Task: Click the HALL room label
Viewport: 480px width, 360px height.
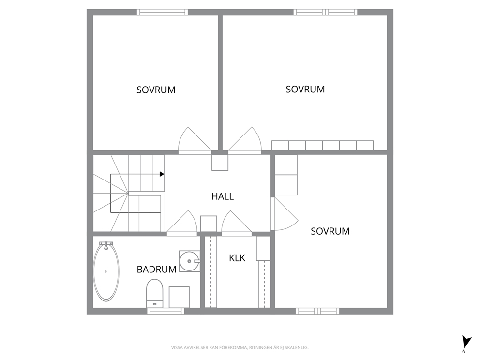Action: pos(223,196)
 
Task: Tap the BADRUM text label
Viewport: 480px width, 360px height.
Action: pos(156,270)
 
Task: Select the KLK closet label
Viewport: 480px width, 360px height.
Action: pos(237,258)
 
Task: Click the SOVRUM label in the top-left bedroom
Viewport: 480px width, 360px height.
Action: pos(156,90)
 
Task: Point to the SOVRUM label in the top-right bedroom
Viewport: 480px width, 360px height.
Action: pos(305,90)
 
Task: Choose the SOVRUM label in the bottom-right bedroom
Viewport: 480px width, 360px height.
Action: pos(330,231)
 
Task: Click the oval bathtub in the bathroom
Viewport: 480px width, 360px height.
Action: pos(106,271)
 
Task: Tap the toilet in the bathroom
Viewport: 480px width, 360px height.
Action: pos(154,293)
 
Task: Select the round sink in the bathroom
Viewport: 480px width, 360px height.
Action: pos(189,261)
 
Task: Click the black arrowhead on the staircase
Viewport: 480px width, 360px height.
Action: pos(162,174)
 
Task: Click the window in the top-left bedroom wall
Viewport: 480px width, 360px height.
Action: pos(162,12)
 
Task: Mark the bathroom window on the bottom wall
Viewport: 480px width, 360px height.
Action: pos(165,311)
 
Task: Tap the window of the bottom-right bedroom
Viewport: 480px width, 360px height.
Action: pos(317,311)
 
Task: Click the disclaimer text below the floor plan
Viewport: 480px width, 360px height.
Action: pos(240,348)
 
